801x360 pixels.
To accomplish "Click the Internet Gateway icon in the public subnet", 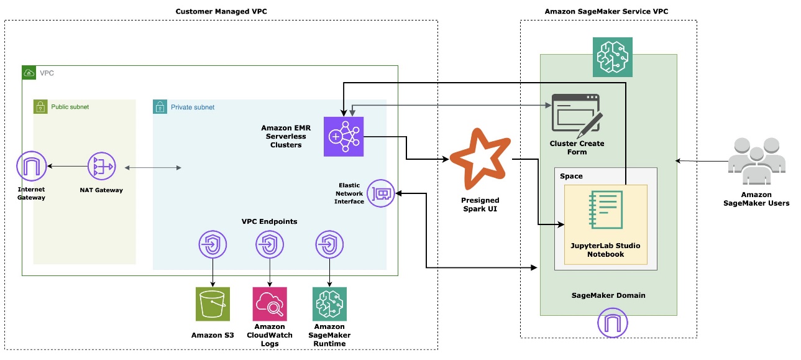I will pyautogui.click(x=31, y=167).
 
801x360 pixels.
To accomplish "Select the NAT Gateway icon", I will pyautogui.click(x=101, y=167).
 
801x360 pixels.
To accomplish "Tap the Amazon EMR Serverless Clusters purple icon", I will pyautogui.click(x=343, y=136).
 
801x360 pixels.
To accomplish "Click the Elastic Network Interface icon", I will pyautogui.click(x=380, y=194).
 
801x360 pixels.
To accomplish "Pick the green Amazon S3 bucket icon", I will pyautogui.click(x=213, y=304).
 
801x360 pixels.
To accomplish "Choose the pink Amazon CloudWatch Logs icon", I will pyautogui.click(x=270, y=304).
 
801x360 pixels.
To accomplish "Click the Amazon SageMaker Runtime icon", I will pyautogui.click(x=329, y=304).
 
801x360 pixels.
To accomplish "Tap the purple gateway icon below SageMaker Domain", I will pyautogui.click(x=612, y=323).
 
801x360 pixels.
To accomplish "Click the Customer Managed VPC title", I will pyautogui.click(x=221, y=11).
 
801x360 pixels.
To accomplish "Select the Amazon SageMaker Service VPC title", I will pyautogui.click(x=606, y=11).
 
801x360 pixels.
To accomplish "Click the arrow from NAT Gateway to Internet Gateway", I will pyautogui.click(x=66, y=167).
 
